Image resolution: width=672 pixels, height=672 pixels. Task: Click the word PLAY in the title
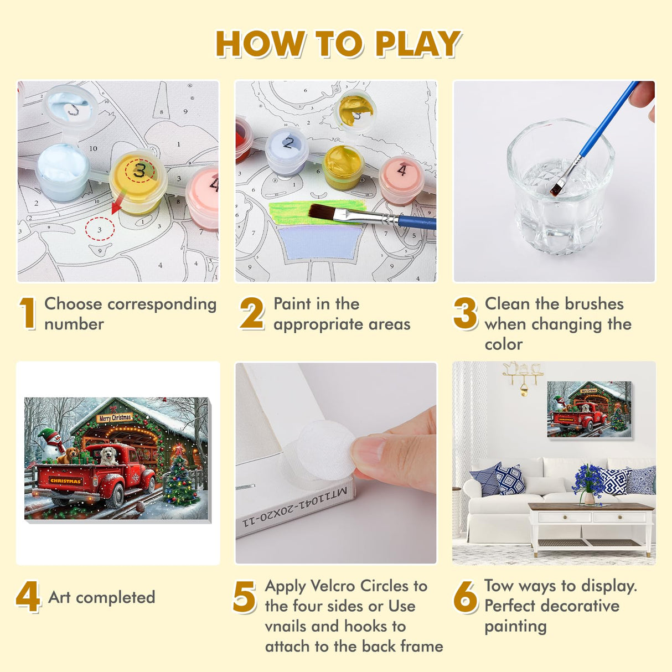coord(418,44)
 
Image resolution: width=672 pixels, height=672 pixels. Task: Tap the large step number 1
coord(28,313)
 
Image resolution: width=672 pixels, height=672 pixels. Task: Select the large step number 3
coord(465,313)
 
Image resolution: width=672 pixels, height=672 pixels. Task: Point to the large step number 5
coord(245,596)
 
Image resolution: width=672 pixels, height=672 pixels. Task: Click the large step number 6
coord(465,596)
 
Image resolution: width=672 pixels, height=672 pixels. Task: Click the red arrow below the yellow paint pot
coord(117,203)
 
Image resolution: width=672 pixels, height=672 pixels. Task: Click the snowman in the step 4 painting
coord(51,443)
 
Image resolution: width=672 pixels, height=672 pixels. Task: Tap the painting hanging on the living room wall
coord(590,409)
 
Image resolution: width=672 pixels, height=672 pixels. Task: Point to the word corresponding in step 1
coord(162,304)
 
